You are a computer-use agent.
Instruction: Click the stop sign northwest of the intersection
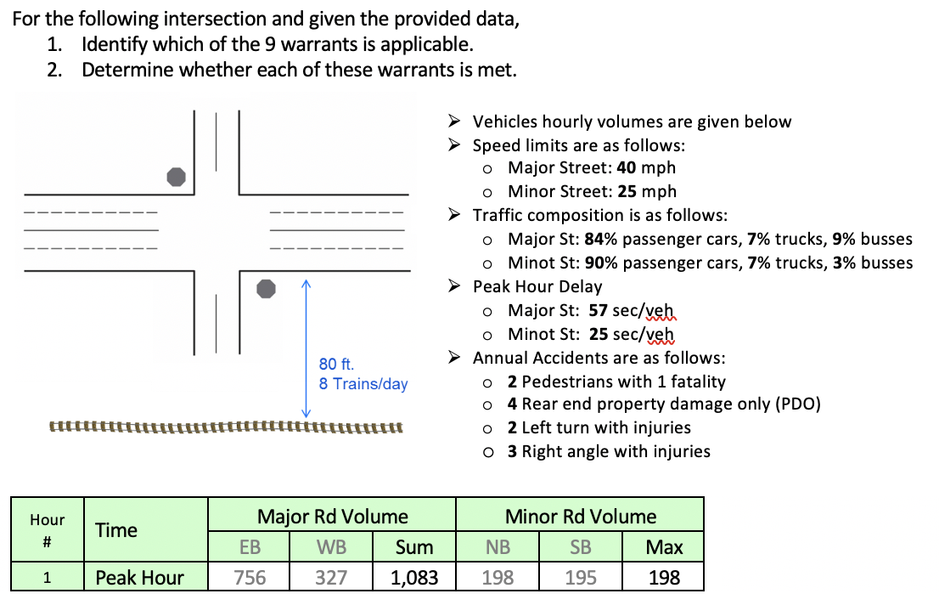coord(176,177)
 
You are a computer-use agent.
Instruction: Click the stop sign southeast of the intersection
coord(267,289)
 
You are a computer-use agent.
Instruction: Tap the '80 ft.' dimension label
coord(336,365)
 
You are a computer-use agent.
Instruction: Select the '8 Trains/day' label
coord(363,384)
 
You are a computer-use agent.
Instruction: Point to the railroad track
coord(226,426)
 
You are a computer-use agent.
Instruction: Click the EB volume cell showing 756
coord(250,578)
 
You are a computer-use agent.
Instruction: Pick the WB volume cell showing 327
coord(331,578)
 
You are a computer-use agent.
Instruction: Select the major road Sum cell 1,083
coord(414,578)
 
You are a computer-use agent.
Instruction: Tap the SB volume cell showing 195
coord(581,578)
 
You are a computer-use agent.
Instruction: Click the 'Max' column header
coord(663,547)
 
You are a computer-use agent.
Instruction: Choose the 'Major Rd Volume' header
coord(332,517)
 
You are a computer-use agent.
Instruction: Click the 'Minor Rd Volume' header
coord(581,517)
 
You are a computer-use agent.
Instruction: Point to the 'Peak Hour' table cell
coord(139,578)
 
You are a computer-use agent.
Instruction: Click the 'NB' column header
coord(498,547)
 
